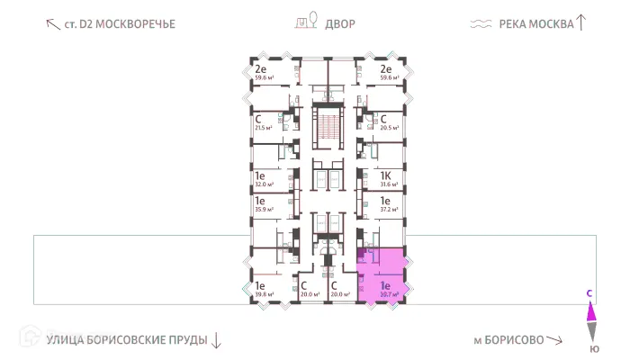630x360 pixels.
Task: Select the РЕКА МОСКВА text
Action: (x=536, y=24)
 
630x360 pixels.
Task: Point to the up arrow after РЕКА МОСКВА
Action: (x=581, y=22)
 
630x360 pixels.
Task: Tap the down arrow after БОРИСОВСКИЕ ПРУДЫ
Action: (x=216, y=340)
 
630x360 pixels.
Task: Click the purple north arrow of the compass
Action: (x=591, y=311)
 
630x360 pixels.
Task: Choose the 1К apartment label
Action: (x=385, y=176)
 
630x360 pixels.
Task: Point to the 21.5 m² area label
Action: (x=263, y=129)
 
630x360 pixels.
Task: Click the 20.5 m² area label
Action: (x=388, y=129)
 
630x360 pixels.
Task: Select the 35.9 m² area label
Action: (x=264, y=211)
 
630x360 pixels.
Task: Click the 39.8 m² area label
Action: (x=264, y=293)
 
